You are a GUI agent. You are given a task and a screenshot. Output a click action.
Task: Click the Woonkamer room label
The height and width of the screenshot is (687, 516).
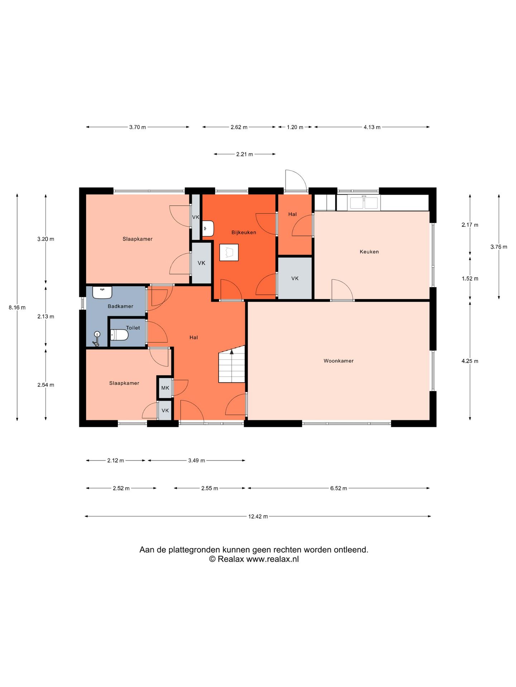pos(338,361)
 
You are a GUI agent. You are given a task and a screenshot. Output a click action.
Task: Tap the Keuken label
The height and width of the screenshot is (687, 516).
pos(369,252)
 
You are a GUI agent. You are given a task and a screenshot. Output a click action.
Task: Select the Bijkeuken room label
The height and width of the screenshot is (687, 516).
pos(244,232)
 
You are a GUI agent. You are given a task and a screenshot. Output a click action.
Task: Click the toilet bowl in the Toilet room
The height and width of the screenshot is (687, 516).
pos(119,335)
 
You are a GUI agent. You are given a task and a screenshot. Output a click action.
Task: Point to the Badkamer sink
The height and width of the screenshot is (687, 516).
pos(102,292)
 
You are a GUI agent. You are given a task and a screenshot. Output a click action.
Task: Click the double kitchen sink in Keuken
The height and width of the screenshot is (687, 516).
pos(364,203)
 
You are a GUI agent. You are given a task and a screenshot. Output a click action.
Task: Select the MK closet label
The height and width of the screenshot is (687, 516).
pos(165,388)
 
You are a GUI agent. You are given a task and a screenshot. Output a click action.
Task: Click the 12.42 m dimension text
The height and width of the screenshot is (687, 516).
pos(258,516)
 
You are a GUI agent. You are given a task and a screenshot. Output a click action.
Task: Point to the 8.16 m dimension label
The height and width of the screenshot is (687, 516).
pos(17,307)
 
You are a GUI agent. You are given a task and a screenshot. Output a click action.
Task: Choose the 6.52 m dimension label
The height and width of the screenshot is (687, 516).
pos(339,488)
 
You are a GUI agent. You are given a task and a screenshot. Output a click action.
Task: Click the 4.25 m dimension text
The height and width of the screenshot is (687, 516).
pos(470,361)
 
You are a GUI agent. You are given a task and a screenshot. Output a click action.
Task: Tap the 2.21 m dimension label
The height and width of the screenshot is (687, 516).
pos(244,154)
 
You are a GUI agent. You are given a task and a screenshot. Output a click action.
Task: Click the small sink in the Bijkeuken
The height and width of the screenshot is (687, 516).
pos(208,228)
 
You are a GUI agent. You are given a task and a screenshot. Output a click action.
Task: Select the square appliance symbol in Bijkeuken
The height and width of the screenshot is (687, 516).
pos(229,252)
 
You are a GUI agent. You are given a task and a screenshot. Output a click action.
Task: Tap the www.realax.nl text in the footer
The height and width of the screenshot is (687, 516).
pos(272,559)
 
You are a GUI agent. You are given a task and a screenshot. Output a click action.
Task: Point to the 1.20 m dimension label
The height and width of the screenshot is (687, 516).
pos(295,127)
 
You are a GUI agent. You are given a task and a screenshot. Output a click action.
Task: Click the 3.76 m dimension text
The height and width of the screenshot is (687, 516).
pos(499,247)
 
